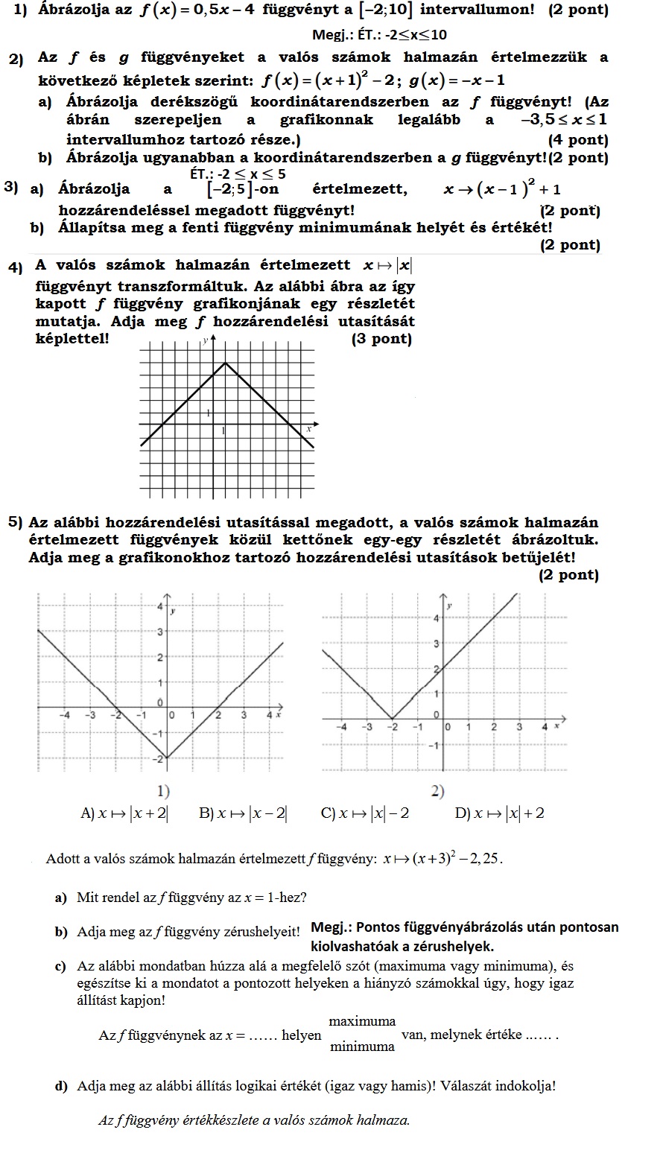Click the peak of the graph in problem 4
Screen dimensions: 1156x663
pos(226,363)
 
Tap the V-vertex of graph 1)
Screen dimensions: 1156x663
pos(165,758)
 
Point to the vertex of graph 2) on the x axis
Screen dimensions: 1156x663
pos(393,719)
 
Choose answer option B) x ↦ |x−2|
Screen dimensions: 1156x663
pos(243,813)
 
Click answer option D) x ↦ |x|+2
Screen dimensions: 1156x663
pos(499,813)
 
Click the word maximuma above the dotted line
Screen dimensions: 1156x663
pos(362,1020)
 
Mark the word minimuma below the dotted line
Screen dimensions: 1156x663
pos(362,1046)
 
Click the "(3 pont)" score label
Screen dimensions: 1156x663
pos(381,339)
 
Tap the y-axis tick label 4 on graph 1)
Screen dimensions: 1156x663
pos(159,606)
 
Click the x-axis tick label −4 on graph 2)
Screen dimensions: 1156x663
pos(340,726)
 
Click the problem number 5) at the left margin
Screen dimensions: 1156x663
pos(16,522)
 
